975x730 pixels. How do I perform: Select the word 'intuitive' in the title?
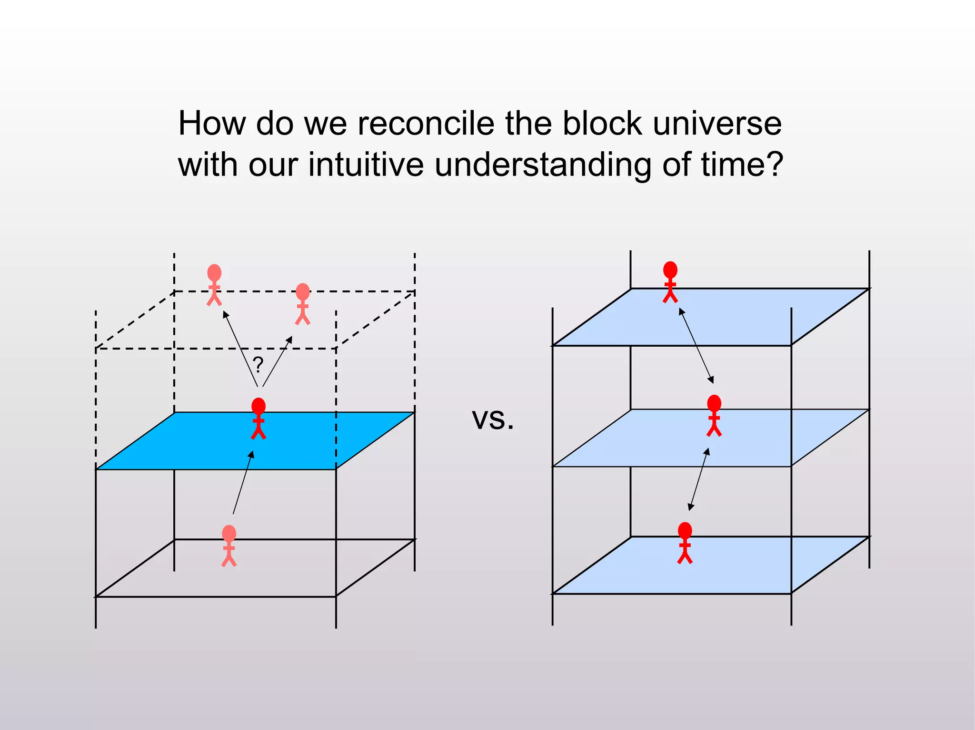[366, 165]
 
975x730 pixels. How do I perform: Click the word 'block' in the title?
[602, 124]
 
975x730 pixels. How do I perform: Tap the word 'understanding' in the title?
[543, 165]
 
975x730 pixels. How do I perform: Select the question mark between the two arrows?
[258, 365]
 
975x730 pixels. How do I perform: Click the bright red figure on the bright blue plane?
[259, 419]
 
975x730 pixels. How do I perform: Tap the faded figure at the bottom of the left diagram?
[229, 546]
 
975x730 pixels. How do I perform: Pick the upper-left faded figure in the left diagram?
[214, 285]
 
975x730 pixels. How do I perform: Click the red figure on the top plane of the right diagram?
[670, 282]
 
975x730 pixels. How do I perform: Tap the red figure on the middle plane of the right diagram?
[714, 416]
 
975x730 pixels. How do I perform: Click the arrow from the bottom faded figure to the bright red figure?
[243, 482]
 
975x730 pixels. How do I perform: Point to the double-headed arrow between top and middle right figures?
[696, 346]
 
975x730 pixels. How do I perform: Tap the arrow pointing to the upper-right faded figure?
[277, 361]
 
